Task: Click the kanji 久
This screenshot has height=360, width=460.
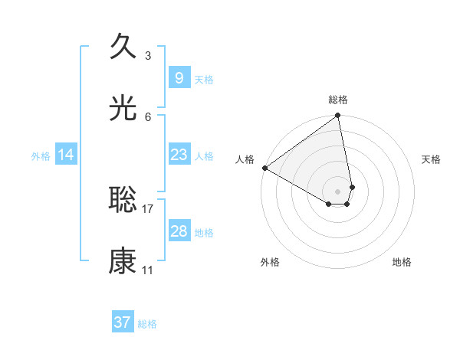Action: [123, 47]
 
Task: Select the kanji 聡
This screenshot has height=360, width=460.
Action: [123, 200]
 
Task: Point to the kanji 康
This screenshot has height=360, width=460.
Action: [123, 261]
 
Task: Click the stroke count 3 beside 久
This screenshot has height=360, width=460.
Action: [148, 55]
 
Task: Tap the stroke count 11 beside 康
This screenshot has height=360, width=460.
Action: [148, 270]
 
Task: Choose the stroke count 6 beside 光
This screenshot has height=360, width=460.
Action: [148, 116]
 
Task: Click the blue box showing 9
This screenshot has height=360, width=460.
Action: [179, 77]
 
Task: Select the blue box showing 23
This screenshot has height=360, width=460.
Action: [179, 155]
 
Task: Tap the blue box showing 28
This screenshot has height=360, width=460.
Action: [179, 231]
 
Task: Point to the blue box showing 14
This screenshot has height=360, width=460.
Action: [66, 155]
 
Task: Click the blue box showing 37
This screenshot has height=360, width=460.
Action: [123, 322]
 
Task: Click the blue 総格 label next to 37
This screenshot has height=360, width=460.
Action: [147, 324]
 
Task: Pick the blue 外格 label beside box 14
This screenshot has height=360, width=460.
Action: [41, 156]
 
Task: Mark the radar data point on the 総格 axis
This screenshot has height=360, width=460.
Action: [338, 116]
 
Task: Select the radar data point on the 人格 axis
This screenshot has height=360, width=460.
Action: [264, 168]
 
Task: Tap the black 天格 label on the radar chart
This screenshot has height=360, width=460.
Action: [431, 159]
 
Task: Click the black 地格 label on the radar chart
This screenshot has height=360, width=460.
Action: [402, 262]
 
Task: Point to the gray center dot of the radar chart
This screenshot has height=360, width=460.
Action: [338, 191]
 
